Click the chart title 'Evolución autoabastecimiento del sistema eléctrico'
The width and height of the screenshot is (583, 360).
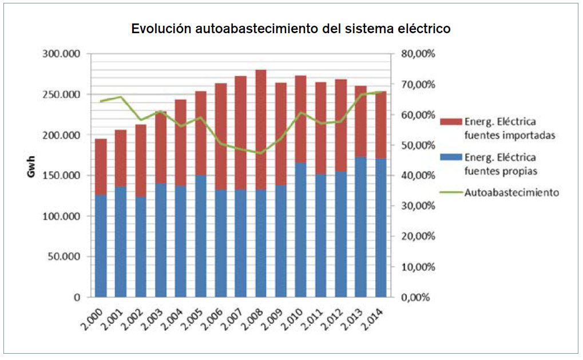click(291, 29)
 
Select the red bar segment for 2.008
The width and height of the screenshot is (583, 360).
click(261, 129)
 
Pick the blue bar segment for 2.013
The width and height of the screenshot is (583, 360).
click(361, 227)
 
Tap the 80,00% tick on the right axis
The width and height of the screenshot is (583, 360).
click(418, 54)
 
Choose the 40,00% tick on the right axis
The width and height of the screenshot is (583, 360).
click(418, 176)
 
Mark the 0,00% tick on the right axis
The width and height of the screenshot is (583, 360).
click(415, 298)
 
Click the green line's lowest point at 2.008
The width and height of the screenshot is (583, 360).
click(261, 153)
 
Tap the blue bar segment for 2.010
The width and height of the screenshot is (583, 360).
click(301, 230)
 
